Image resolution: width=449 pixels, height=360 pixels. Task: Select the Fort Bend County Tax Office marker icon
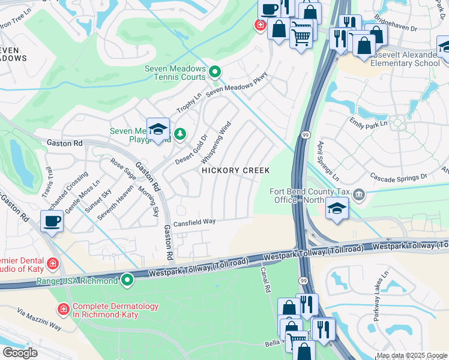(359, 195)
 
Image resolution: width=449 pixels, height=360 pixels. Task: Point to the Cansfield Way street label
(194, 222)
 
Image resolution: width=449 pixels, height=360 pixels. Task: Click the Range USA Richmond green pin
(127, 280)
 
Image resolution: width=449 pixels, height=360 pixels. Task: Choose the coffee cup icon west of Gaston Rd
(52, 221)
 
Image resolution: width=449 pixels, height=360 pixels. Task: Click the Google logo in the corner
(20, 353)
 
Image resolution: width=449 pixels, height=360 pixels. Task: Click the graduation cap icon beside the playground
(158, 130)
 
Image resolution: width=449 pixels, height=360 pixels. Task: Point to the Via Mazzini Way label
(39, 320)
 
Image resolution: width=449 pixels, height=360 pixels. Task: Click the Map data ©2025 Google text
(411, 355)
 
